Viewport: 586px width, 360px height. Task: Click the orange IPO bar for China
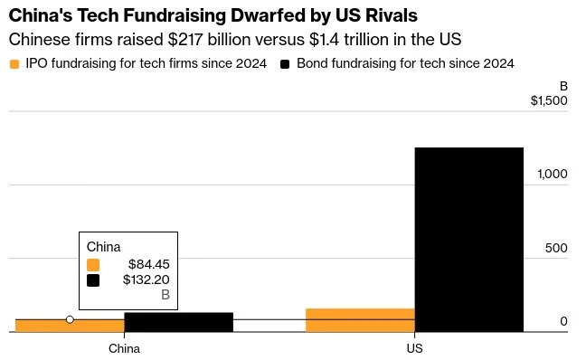click(70, 326)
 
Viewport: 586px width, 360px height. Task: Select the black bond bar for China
click(179, 322)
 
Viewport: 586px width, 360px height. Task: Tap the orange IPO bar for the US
click(360, 320)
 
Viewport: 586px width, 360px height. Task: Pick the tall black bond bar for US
click(469, 240)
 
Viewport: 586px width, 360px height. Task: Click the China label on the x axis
click(124, 348)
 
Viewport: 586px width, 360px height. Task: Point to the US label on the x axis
click(414, 348)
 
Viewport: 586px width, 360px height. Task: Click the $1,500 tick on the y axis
click(549, 100)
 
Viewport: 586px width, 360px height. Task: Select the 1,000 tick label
click(553, 174)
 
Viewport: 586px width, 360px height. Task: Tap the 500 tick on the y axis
click(556, 248)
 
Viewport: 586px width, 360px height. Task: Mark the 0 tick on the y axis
click(563, 321)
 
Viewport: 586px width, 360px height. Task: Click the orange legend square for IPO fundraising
click(14, 64)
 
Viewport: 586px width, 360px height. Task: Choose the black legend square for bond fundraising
click(285, 64)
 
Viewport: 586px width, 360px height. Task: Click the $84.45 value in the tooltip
click(148, 264)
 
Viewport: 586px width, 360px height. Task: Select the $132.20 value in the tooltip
click(146, 279)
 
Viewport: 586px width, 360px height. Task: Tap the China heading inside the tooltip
click(103, 247)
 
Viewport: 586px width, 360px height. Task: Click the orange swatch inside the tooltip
click(93, 265)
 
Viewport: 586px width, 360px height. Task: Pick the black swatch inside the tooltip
click(93, 280)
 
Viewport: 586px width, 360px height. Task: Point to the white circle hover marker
click(70, 319)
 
